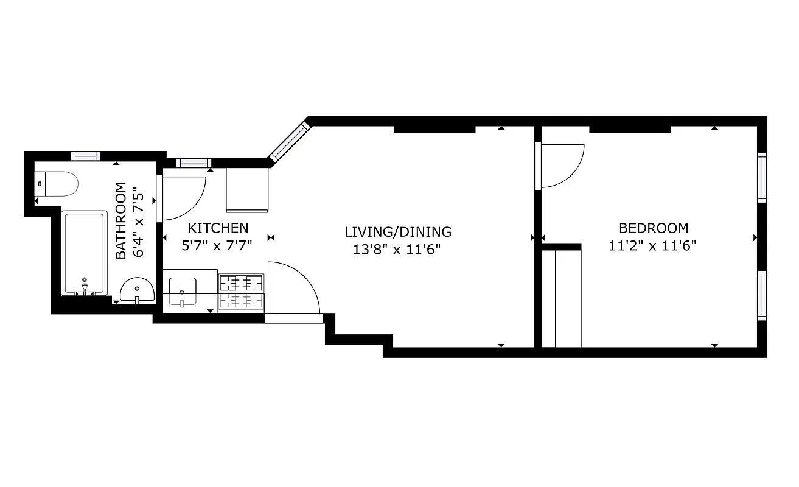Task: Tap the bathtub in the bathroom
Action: pos(85,253)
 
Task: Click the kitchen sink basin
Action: pos(182,291)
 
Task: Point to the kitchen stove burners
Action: pos(242,291)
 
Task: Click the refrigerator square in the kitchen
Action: pos(247,190)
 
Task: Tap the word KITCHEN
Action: pos(218,228)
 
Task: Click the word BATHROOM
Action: pos(121,220)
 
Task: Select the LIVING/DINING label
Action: pos(398,232)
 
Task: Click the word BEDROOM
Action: pos(653,228)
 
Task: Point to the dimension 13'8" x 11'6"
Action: pos(397,249)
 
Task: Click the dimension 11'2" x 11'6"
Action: pos(652,246)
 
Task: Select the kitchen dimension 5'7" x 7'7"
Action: pos(217,246)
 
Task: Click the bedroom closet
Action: pos(561,297)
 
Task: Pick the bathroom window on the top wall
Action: pos(85,156)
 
